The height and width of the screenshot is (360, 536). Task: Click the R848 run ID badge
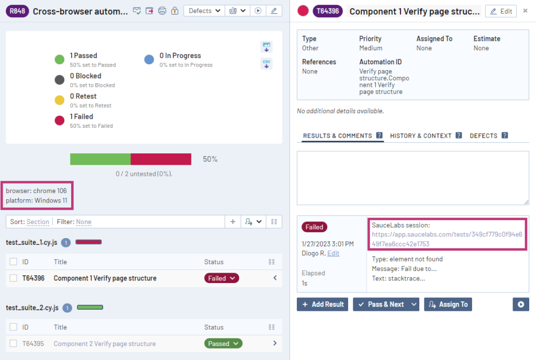(x=17, y=11)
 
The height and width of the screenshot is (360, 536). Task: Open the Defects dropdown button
(x=204, y=11)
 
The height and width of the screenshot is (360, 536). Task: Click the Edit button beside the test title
(x=500, y=11)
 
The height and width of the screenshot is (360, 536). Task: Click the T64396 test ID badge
(x=328, y=11)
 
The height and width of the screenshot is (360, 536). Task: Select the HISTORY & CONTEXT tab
(x=420, y=136)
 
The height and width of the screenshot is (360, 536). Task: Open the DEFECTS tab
(x=483, y=136)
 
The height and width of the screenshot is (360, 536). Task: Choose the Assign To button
(x=448, y=305)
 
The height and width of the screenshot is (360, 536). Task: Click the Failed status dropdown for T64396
(x=221, y=278)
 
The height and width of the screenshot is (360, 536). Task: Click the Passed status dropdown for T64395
(x=223, y=344)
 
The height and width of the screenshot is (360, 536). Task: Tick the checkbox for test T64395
(x=13, y=344)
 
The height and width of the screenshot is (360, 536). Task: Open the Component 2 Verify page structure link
(x=105, y=344)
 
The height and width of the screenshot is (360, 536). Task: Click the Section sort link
(x=38, y=222)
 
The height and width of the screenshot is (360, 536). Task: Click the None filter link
(x=84, y=222)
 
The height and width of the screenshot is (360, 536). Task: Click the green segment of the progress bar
(x=100, y=159)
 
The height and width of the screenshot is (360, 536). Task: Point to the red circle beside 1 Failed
(x=60, y=120)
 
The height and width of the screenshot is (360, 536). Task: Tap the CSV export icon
(x=266, y=64)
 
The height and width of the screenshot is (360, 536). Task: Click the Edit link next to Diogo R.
(x=333, y=253)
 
